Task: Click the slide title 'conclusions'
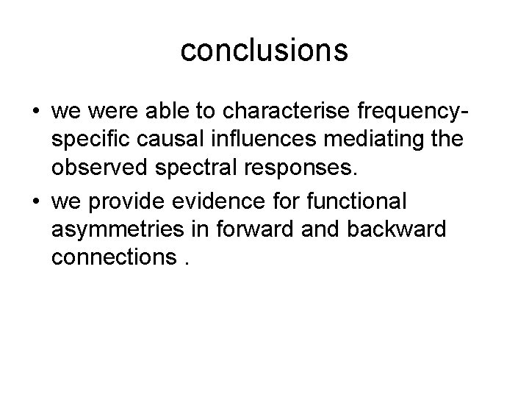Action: coord(264,50)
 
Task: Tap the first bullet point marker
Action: coord(36,113)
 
